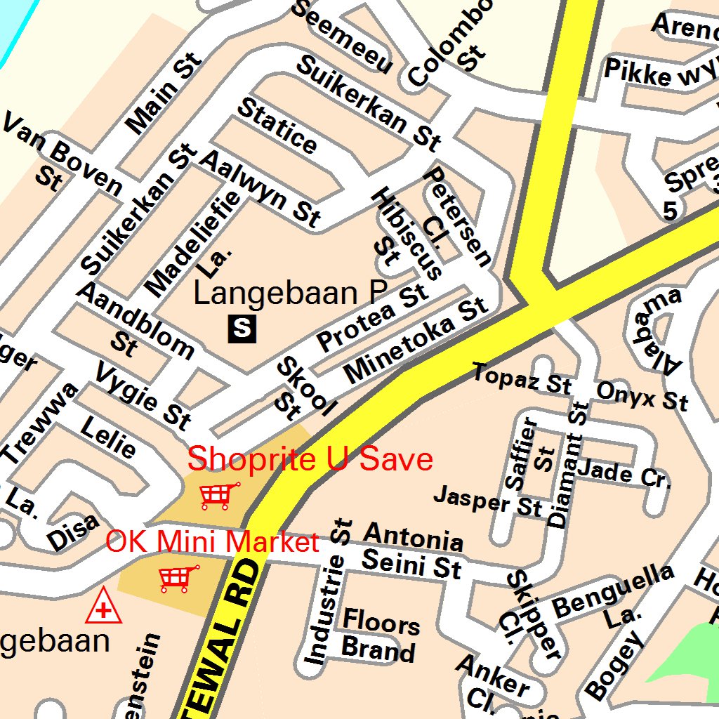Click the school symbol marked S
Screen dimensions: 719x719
click(x=242, y=328)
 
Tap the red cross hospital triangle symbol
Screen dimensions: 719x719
click(x=103, y=607)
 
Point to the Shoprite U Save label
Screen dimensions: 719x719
click(x=310, y=460)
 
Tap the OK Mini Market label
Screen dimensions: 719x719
click(x=212, y=542)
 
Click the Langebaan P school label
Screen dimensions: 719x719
click(x=291, y=293)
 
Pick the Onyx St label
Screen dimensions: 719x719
click(x=642, y=397)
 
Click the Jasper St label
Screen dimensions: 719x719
click(x=487, y=500)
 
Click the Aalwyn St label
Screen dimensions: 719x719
click(x=260, y=188)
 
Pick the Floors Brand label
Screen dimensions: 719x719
click(x=380, y=635)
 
